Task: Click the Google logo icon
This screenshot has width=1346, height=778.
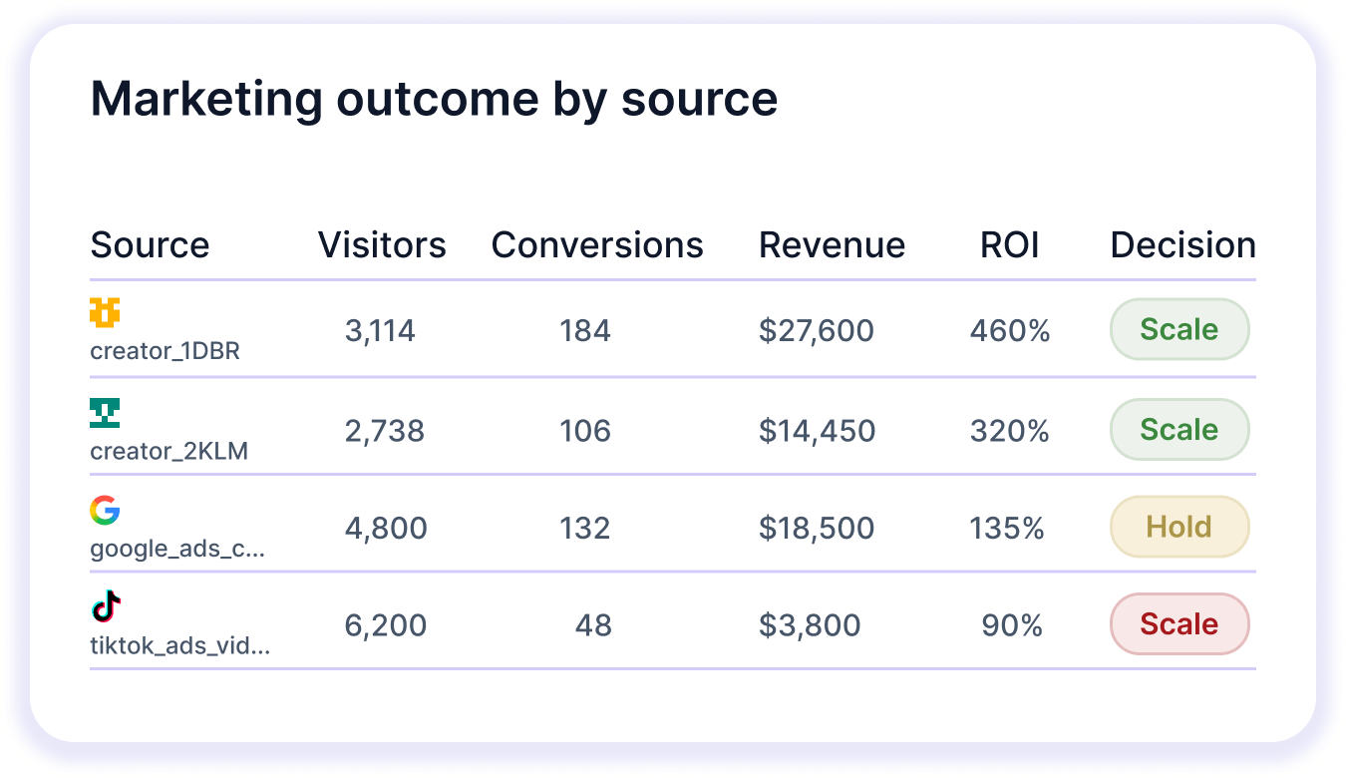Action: (x=105, y=511)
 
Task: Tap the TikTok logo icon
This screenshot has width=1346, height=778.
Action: (x=106, y=606)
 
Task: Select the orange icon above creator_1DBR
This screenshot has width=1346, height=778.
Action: (x=105, y=313)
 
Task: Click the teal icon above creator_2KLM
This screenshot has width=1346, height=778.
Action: (x=105, y=412)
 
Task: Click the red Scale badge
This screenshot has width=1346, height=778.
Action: (x=1178, y=624)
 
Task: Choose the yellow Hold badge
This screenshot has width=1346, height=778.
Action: (x=1178, y=527)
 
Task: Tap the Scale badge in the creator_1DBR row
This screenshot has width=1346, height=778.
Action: (x=1178, y=329)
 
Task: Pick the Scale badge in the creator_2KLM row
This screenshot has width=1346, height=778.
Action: (x=1178, y=429)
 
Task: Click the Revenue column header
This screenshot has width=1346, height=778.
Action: (x=832, y=245)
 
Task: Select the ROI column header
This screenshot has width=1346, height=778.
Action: (x=1009, y=245)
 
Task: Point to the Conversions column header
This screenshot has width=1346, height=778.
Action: (x=597, y=245)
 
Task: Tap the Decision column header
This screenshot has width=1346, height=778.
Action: (x=1182, y=245)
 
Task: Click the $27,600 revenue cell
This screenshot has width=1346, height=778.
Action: (x=816, y=330)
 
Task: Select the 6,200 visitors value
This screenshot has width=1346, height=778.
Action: (x=385, y=625)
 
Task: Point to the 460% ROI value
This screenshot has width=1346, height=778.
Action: (x=1009, y=330)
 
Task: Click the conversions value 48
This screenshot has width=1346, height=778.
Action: (x=593, y=625)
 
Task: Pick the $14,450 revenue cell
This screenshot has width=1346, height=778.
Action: (x=817, y=431)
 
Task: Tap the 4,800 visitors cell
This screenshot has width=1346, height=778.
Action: (x=385, y=528)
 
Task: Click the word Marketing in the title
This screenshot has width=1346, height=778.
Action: (x=206, y=99)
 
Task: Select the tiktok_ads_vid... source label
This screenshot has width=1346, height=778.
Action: (x=179, y=646)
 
